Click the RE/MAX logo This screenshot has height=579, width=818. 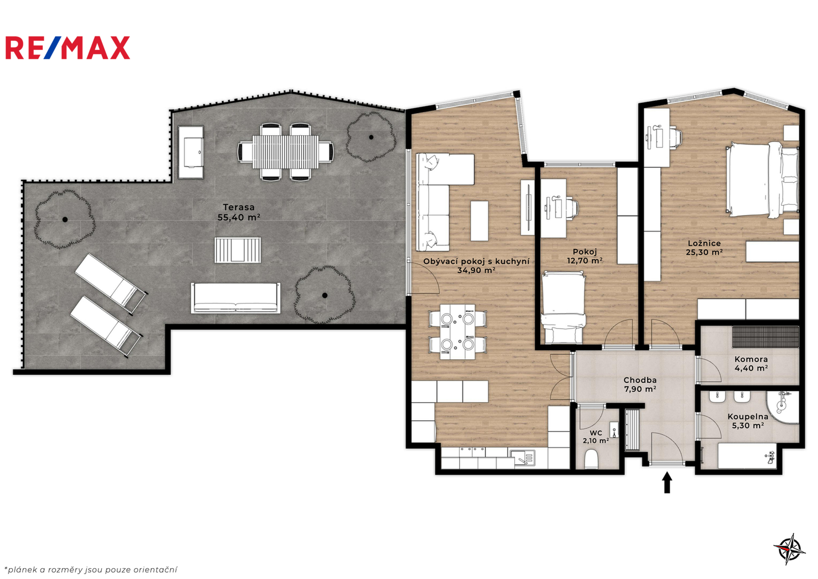click(68, 48)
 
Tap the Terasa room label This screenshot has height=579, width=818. click(239, 207)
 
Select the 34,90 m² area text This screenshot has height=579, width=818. click(476, 271)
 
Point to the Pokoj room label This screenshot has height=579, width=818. click(584, 251)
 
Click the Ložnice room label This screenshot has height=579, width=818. click(704, 243)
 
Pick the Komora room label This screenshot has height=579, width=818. click(751, 359)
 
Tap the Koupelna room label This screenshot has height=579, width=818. click(748, 417)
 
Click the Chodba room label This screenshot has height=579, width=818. click(640, 380)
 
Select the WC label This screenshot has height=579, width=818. click(596, 433)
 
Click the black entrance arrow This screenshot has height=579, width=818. click(667, 482)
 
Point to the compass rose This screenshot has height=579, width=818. click(790, 549)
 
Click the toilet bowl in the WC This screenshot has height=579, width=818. click(591, 459)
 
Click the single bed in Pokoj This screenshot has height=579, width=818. click(562, 307)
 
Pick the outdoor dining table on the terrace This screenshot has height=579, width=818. click(285, 152)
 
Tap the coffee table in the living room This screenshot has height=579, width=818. click(479, 221)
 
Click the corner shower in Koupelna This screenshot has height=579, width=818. click(783, 407)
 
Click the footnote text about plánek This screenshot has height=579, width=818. click(91, 569)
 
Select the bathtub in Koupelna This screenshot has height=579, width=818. click(747, 456)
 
